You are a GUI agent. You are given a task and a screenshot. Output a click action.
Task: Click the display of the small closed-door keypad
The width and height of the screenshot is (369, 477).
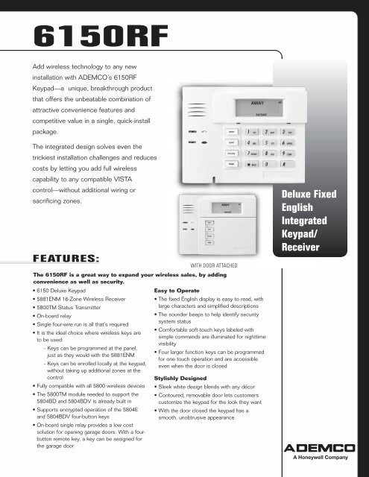(224, 208)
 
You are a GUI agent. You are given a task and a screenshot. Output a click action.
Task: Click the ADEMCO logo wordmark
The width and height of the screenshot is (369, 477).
(323, 448)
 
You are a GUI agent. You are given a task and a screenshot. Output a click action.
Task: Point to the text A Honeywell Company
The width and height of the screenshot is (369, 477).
(323, 461)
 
